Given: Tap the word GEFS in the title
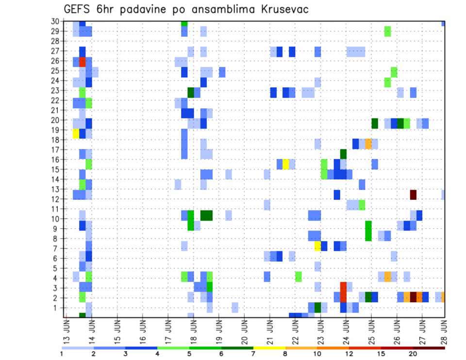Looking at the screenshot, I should point(78,9).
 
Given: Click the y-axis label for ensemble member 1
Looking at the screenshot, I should point(57,308).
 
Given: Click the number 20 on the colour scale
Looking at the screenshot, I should point(413,354).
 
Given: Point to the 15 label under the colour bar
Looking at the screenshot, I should point(382,354).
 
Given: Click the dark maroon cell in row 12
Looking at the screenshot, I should point(413,195).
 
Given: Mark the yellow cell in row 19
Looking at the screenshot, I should point(76,133).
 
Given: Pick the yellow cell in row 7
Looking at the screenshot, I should point(317,246).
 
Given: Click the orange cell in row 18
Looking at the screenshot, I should point(368,144).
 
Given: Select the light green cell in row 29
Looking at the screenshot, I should point(387,32).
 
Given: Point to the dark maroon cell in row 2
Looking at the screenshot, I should point(413,297).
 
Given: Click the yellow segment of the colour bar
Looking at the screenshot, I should point(269,348).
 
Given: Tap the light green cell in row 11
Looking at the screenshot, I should point(362,205).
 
